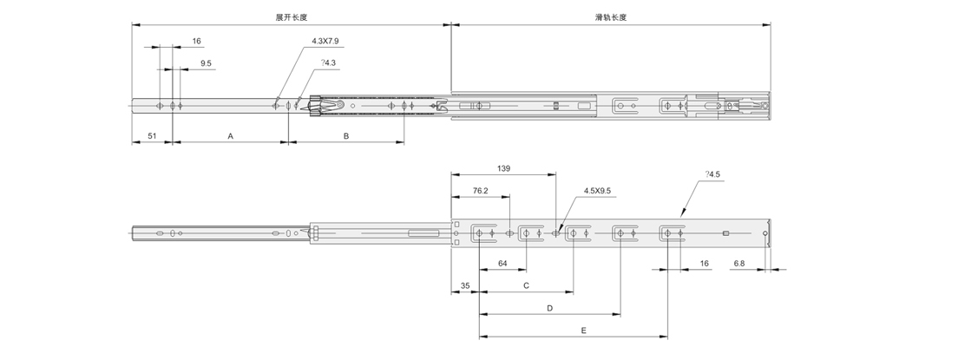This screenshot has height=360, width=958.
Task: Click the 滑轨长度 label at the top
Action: [611, 17]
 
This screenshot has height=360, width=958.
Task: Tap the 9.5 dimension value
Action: [206, 63]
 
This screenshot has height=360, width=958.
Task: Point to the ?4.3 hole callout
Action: [328, 62]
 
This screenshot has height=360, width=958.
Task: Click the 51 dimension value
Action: [152, 136]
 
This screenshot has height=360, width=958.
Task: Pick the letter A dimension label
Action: [230, 136]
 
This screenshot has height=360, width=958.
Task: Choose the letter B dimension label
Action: [346, 136]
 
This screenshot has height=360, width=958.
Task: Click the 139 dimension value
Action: [503, 168]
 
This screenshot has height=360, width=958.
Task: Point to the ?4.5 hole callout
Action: [713, 175]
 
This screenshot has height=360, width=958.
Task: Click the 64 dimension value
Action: [502, 263]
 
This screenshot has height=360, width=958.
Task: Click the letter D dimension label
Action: [549, 307]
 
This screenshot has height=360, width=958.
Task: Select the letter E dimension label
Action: [583, 330]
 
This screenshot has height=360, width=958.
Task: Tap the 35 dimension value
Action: [465, 285]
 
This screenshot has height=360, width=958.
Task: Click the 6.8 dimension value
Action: [738, 263]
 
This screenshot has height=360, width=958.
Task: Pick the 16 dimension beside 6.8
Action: [704, 263]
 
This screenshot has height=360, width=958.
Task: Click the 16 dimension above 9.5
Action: [196, 41]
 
